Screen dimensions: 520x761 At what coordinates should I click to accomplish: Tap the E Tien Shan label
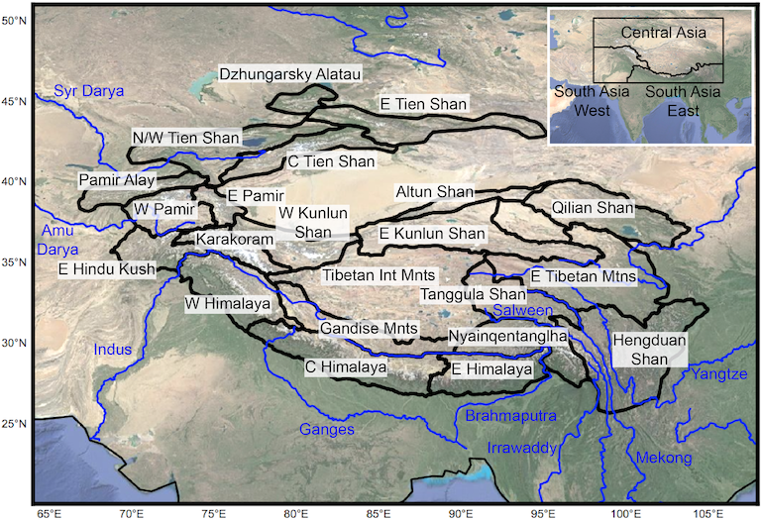[424, 103]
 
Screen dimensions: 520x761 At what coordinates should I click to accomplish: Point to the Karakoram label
[234, 240]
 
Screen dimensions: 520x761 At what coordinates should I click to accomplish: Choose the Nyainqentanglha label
[507, 336]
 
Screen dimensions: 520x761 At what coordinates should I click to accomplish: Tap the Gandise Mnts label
[370, 328]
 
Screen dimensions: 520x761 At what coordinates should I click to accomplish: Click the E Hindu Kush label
[106, 269]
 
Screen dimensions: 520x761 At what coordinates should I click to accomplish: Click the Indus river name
[112, 349]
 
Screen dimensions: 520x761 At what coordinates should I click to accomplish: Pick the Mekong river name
[663, 458]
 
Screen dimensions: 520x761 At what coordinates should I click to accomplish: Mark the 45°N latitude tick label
[14, 100]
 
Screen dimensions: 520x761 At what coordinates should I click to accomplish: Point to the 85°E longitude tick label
[378, 512]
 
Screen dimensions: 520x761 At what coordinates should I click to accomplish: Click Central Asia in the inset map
[663, 33]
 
